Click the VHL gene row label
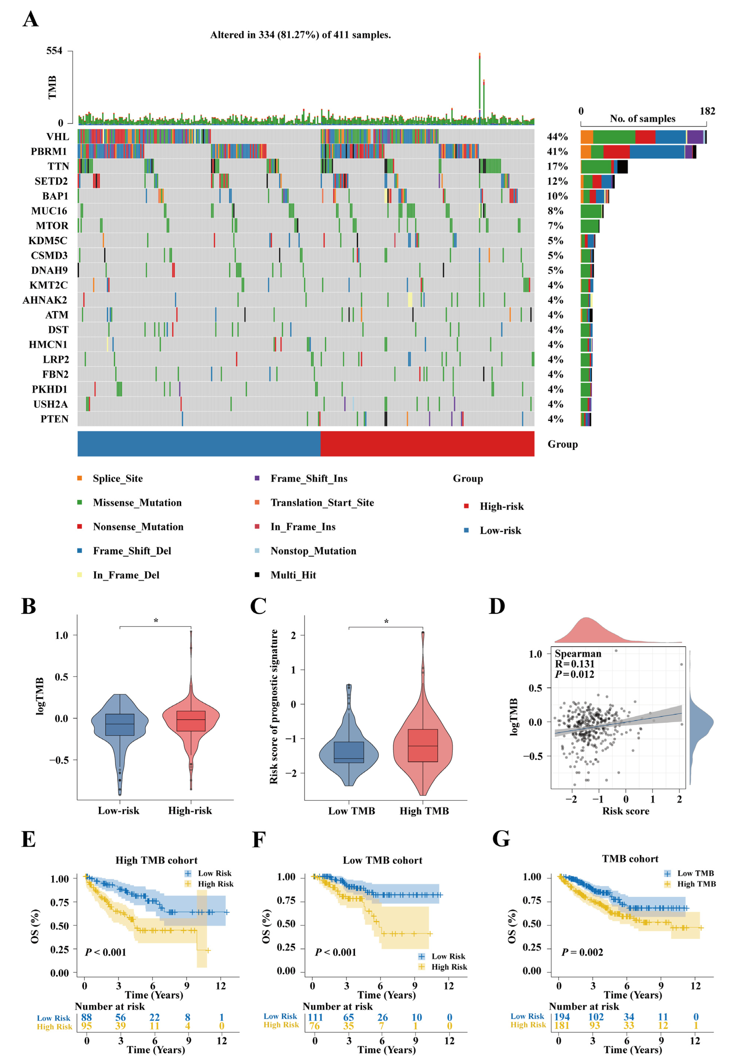coord(57,136)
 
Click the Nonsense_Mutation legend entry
coord(138,527)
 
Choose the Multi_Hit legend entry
coord(293,575)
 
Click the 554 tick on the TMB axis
coord(54,51)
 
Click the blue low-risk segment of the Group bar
coord(199,444)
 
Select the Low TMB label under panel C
coord(351,811)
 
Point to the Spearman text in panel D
coord(578,653)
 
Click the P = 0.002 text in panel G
coord(582,952)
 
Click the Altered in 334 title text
coord(300,35)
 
